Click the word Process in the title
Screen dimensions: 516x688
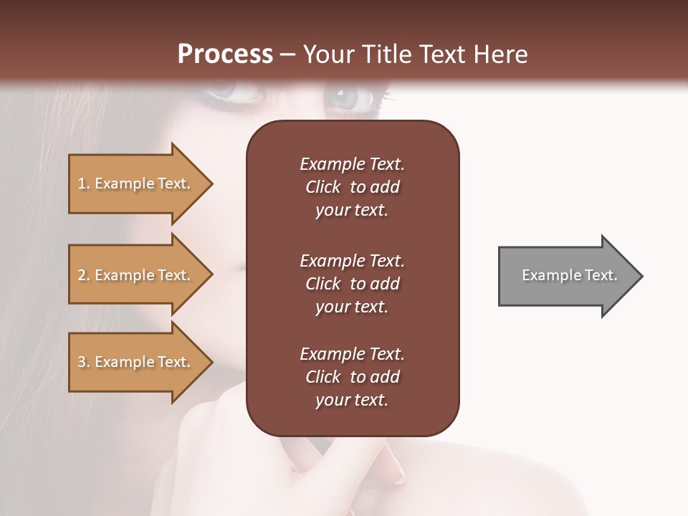[225, 54]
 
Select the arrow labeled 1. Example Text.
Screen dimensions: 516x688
[136, 183]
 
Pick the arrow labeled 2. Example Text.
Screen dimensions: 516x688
[136, 275]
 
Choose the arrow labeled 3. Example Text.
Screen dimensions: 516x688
[136, 362]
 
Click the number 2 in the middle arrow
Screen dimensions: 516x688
[81, 275]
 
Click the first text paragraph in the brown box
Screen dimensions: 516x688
[352, 187]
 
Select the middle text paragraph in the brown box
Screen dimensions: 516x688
[352, 284]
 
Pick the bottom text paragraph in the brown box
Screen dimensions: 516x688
[352, 377]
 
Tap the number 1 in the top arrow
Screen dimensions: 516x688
[81, 183]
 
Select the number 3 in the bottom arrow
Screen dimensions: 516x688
[81, 362]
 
